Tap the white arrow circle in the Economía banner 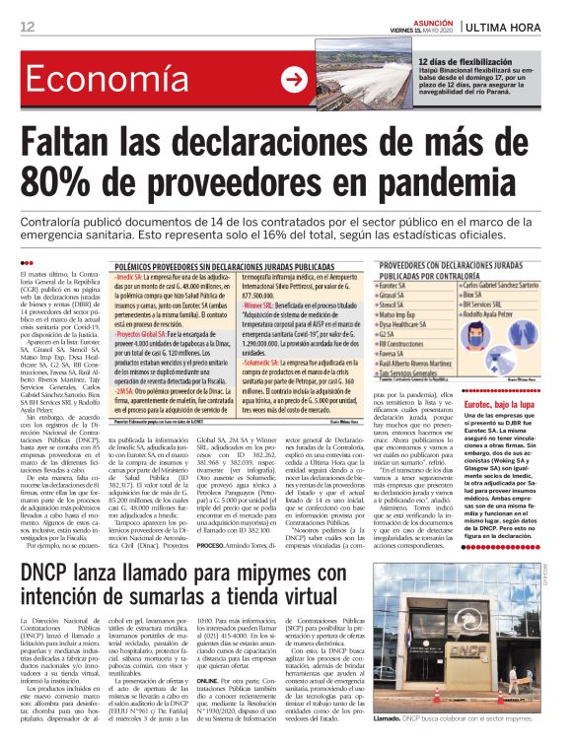293,80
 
